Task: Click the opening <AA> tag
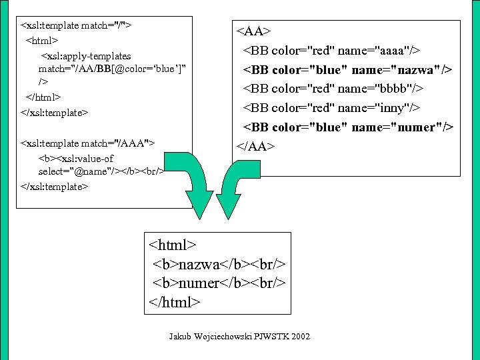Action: coord(253,31)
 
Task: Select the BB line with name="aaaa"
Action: coord(335,51)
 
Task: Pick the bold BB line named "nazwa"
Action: coord(347,69)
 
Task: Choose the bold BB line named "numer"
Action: coord(347,127)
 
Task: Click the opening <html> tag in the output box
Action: coord(173,245)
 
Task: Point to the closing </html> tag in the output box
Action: coord(175,302)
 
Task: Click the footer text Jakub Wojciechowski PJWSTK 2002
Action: coord(239,337)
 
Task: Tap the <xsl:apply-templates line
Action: coord(86,56)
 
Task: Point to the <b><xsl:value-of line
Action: coord(76,159)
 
